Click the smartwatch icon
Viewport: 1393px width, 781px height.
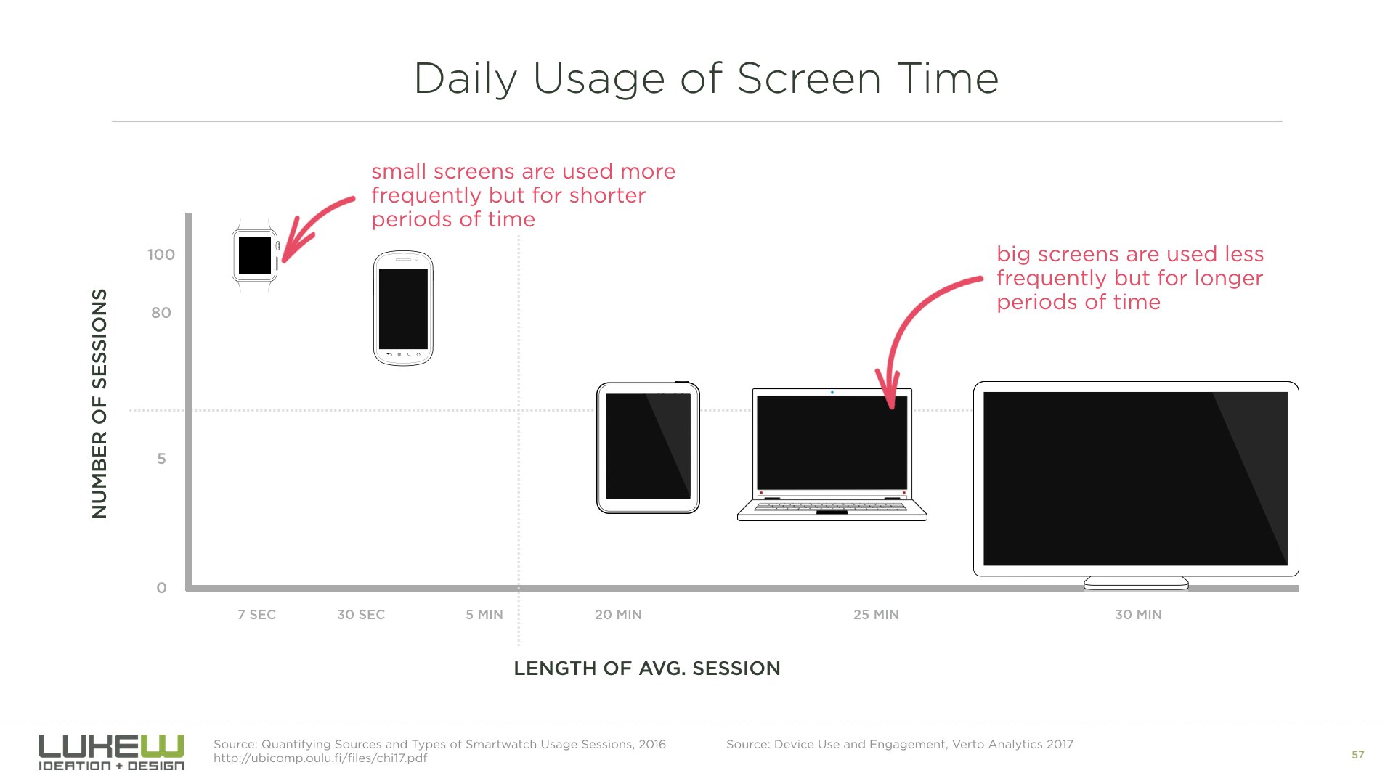[x=255, y=255]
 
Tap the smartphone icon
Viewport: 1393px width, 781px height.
[x=403, y=308]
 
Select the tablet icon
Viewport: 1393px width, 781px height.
[x=648, y=447]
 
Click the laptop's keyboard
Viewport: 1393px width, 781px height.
[x=832, y=507]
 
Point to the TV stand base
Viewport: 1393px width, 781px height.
[x=1136, y=583]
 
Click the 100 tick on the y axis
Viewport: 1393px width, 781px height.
[x=161, y=255]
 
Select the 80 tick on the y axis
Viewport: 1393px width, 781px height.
[x=161, y=313]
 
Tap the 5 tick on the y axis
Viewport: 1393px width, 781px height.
[x=161, y=459]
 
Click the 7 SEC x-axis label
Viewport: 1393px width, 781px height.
[x=256, y=615]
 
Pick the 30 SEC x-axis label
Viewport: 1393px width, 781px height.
[x=361, y=615]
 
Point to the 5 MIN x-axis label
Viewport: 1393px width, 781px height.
[x=484, y=615]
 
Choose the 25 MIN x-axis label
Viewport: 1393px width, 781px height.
[x=876, y=615]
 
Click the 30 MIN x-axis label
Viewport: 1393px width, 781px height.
[x=1138, y=615]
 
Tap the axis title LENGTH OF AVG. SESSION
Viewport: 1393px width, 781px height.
[x=647, y=668]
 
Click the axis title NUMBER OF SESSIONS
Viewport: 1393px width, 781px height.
[x=99, y=404]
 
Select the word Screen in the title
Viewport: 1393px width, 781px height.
[x=809, y=78]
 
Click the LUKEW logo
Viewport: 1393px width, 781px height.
[x=111, y=752]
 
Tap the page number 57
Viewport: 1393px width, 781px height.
[x=1357, y=755]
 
